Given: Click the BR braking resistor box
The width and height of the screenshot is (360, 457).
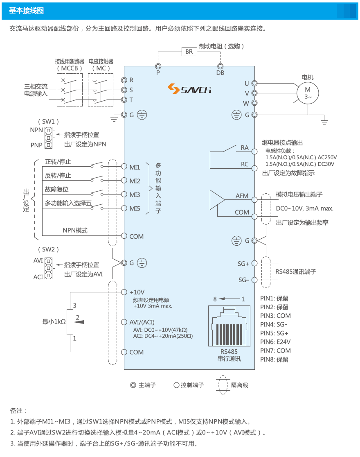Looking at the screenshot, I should coord(189,52).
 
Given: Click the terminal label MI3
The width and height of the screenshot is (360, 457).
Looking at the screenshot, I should coord(135,195).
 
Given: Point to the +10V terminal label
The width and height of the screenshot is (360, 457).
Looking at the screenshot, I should coord(137,292).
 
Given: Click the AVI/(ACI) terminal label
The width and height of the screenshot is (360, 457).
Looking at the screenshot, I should coord(142,322).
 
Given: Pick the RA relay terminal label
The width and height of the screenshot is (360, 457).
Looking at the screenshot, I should coord(245,147).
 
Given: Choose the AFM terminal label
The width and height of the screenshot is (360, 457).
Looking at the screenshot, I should coord(242,196).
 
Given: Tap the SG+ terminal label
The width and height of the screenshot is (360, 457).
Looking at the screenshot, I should coord(243,263).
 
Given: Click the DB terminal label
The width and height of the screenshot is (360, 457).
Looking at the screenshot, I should coord(220,73).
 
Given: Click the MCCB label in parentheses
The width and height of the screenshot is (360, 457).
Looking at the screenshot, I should coord(69,68).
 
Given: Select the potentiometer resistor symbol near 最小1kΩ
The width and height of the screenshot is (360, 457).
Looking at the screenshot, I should coord(70,322).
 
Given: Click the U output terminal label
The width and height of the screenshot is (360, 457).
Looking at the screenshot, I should coord(247,84).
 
